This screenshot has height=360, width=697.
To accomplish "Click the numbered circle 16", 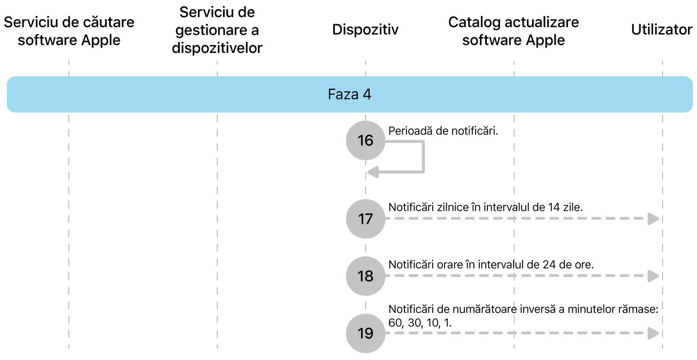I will [365, 141].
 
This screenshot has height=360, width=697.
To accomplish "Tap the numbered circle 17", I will [365, 219].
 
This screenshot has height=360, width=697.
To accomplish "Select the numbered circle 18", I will [365, 276].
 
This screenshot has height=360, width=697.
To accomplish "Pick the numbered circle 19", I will [365, 333].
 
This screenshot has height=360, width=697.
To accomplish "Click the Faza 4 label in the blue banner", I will [349, 95].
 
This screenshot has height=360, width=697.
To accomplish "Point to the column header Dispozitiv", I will [365, 30].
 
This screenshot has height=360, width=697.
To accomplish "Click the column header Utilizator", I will [662, 30].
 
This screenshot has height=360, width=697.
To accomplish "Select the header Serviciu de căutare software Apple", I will [69, 31].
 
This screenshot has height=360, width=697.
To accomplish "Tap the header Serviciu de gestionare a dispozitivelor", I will [217, 30].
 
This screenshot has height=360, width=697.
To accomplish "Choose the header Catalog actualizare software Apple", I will [514, 31].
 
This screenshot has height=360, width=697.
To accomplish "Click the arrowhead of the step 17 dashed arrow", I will [653, 219].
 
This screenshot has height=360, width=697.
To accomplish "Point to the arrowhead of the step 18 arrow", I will [653, 276].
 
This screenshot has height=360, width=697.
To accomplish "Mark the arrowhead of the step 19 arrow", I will [653, 333].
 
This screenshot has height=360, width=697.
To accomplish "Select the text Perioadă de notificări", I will [443, 131].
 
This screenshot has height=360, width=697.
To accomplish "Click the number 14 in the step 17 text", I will [554, 207].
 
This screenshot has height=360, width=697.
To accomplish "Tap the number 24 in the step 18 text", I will [554, 264].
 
